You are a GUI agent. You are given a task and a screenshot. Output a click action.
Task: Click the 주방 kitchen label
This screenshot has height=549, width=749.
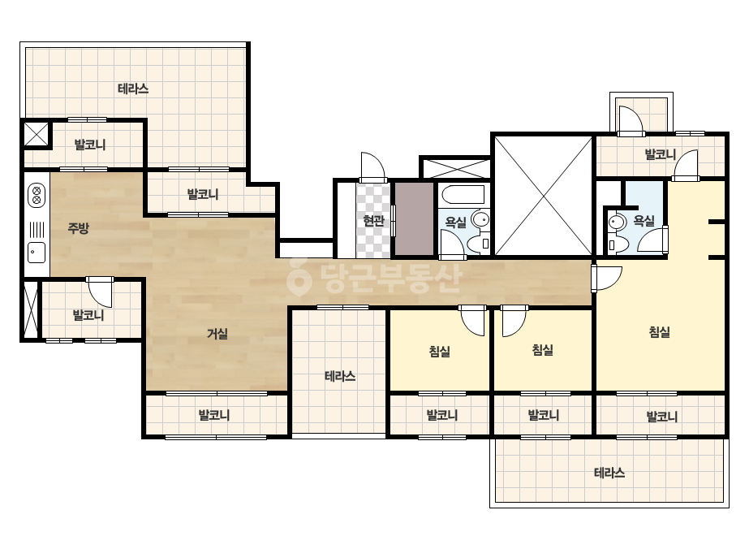pyautogui.click(x=79, y=228)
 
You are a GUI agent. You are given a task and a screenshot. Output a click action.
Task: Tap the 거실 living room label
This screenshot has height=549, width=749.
pyautogui.click(x=217, y=333)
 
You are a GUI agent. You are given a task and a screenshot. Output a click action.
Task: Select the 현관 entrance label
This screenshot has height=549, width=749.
pyautogui.click(x=373, y=220)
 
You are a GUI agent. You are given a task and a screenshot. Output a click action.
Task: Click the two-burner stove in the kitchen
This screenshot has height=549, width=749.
pyautogui.click(x=37, y=195)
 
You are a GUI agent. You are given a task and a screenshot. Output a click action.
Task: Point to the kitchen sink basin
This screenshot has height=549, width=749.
pyautogui.click(x=37, y=253)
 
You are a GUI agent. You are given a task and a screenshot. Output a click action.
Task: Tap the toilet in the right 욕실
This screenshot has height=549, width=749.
pyautogui.click(x=618, y=244)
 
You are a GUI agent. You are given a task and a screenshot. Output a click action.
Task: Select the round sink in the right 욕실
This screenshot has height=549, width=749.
pyautogui.click(x=618, y=223)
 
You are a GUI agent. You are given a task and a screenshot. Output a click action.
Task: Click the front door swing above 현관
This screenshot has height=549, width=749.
pyautogui.click(x=373, y=167)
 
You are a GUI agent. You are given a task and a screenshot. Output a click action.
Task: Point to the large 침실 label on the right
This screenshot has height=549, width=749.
pyautogui.click(x=660, y=331)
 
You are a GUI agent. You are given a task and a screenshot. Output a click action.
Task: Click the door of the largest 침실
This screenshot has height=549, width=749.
pyautogui.click(x=607, y=279)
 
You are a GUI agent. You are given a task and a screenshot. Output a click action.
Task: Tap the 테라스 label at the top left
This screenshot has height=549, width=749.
pyautogui.click(x=133, y=89)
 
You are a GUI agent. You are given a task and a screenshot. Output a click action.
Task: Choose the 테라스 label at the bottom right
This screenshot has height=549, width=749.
pyautogui.click(x=609, y=473)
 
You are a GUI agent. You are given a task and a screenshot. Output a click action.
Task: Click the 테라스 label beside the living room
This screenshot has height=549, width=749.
pyautogui.click(x=340, y=376)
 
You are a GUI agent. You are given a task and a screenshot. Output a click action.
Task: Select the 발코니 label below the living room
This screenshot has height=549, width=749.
pyautogui.click(x=214, y=415)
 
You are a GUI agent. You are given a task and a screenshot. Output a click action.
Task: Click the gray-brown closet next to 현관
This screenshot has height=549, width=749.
pyautogui.click(x=414, y=219)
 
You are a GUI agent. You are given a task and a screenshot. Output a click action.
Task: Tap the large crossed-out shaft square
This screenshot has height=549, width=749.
pyautogui.click(x=543, y=196)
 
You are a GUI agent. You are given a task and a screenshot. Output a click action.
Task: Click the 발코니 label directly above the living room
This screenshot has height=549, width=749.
pyautogui.click(x=203, y=194)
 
